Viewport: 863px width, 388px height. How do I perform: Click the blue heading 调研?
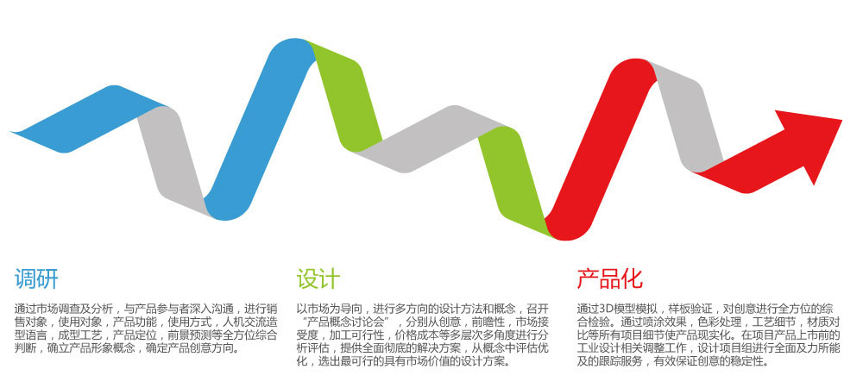pyautogui.click(x=36, y=278)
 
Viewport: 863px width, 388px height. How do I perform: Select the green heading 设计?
pyautogui.click(x=318, y=278)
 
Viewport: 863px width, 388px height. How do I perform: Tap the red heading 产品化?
pyautogui.click(x=610, y=278)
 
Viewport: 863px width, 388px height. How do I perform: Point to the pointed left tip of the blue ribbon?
pyautogui.click(x=11, y=132)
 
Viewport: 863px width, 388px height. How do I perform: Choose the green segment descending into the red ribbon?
pyautogui.click(x=514, y=181)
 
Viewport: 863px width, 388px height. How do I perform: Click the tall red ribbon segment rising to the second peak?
pyautogui.click(x=601, y=148)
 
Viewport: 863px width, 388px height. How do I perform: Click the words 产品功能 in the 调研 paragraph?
pyautogui.click(x=132, y=322)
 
